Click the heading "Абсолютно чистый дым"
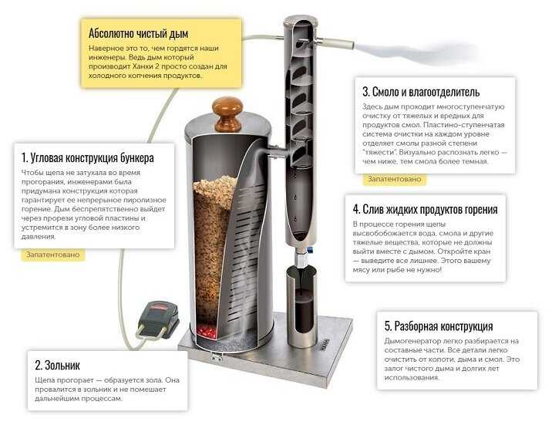tap(138, 33)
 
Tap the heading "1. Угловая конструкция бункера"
tap(88, 158)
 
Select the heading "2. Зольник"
tap(57, 365)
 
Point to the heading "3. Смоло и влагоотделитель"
tap(421, 92)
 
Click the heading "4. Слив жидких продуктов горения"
tap(426, 209)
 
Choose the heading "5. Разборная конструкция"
tap(439, 326)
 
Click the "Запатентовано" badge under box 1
tap(52, 255)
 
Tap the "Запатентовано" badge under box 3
tap(394, 179)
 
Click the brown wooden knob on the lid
tap(227, 113)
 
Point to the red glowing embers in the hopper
tap(207, 331)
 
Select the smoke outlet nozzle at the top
tap(335, 43)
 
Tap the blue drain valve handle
tap(310, 250)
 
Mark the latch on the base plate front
tap(216, 357)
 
